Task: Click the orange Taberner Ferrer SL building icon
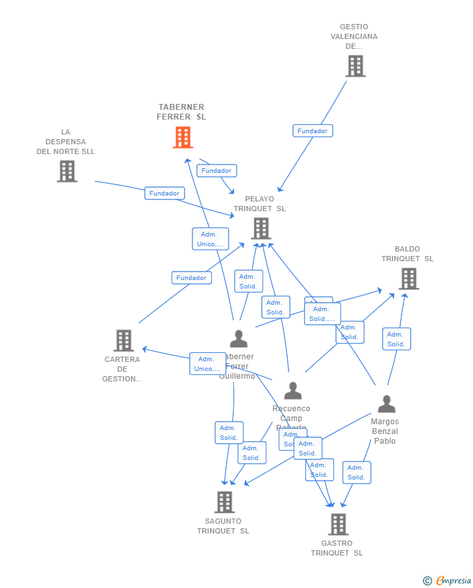(x=183, y=137)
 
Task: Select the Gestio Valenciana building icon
(x=355, y=66)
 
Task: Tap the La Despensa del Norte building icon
(x=67, y=171)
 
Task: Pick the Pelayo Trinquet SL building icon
(x=261, y=228)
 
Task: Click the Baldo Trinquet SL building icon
(x=408, y=279)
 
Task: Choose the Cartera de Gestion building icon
(x=123, y=340)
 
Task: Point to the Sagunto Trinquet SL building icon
(x=224, y=502)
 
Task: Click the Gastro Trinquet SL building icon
(x=338, y=524)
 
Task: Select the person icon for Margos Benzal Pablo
(x=387, y=404)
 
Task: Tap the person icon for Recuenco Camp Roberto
(x=292, y=390)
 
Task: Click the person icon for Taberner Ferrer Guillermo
(x=238, y=339)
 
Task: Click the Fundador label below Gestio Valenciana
(x=313, y=131)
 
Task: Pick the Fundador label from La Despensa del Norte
(x=164, y=193)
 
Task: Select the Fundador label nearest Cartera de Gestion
(x=192, y=277)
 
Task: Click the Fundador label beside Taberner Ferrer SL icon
(x=216, y=170)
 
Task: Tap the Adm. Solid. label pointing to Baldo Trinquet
(x=396, y=339)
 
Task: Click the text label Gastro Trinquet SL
(x=337, y=548)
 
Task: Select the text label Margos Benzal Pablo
(x=385, y=431)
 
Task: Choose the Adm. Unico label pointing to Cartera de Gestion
(x=207, y=363)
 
